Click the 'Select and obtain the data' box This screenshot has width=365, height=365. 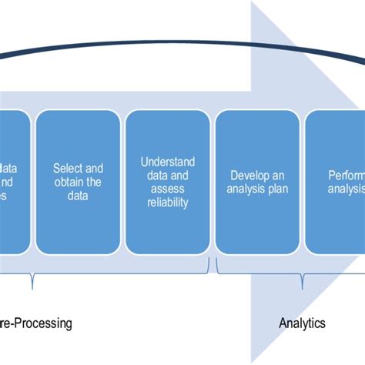[77, 182]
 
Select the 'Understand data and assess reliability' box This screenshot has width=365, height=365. [168, 182]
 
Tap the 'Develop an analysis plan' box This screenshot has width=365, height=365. [258, 182]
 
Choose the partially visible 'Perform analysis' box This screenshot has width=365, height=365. [336, 182]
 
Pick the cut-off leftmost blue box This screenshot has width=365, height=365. [14, 182]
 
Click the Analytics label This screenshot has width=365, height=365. [302, 323]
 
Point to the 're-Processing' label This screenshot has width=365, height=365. [35, 323]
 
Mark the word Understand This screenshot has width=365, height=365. [168, 162]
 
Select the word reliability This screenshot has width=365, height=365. [168, 203]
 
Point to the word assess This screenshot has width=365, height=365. [168, 189]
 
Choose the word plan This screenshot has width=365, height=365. [279, 189]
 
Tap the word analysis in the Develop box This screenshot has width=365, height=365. [248, 189]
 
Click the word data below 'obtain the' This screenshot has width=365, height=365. [77, 196]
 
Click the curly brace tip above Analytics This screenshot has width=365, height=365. [303, 286]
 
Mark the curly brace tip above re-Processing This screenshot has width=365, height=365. [32, 286]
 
